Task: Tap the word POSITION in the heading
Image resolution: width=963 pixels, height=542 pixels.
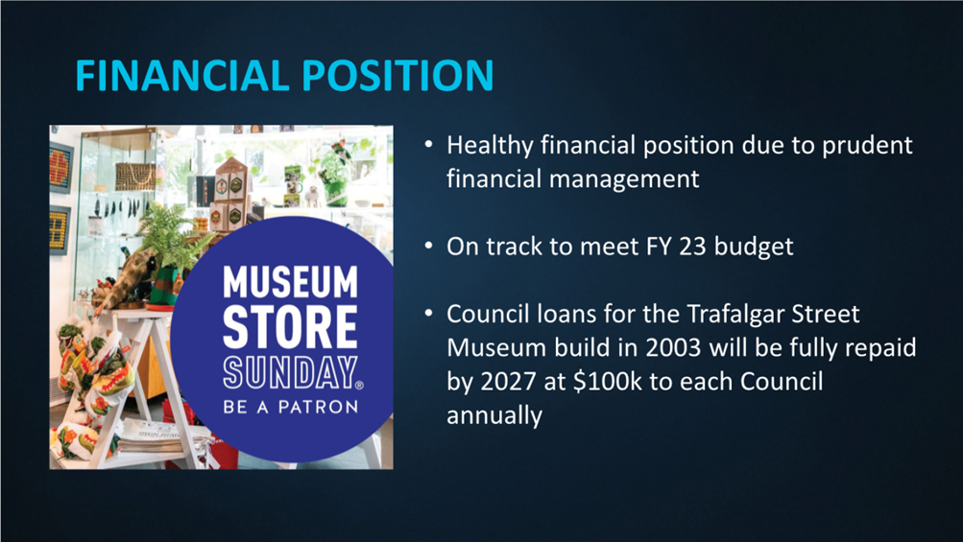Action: pos(397,76)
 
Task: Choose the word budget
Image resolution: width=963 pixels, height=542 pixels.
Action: pos(754,247)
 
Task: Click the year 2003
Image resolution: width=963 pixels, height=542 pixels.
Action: pos(673,348)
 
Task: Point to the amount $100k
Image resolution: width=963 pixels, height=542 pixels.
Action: pos(607,382)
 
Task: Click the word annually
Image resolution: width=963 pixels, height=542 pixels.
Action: pos(494,416)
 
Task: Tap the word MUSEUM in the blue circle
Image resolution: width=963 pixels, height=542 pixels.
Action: pos(290,282)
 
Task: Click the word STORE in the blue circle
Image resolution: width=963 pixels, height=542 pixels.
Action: pos(290,326)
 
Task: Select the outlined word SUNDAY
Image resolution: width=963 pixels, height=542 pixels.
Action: pos(290,372)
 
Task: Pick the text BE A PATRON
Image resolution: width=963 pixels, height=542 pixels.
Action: pos(291,407)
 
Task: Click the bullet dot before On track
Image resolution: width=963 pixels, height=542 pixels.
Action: pos(428,247)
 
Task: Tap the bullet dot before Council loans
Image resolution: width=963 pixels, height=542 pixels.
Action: pos(428,314)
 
